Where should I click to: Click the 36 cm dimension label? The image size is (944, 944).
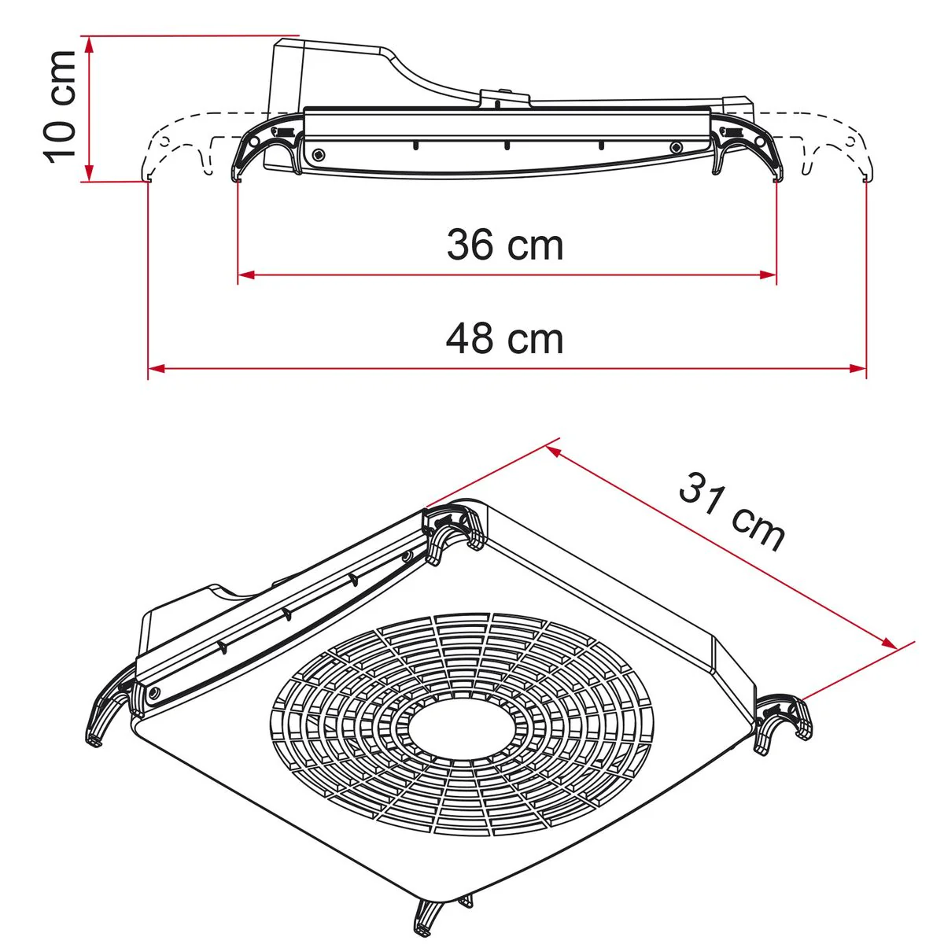tap(505, 245)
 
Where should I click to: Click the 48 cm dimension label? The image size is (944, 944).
tap(505, 339)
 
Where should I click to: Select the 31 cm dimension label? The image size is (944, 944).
tap(732, 511)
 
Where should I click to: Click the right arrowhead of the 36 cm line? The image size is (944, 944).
tap(768, 275)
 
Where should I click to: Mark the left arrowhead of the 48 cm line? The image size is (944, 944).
tap(157, 368)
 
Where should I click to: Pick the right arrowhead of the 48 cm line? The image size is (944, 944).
tap(857, 368)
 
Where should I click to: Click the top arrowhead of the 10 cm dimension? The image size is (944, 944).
tap(89, 45)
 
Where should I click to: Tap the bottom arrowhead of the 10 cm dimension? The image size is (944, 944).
tap(89, 172)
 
